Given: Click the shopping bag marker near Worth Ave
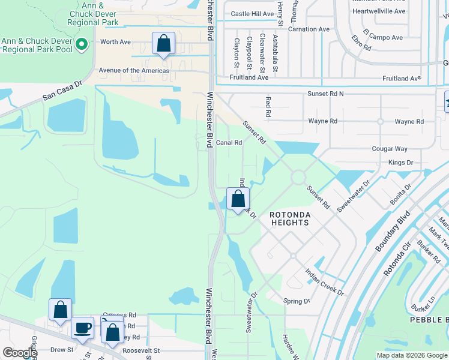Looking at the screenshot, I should click(163, 44).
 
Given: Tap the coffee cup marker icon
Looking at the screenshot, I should click(83, 328).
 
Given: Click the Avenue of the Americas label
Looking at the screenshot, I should click(134, 70).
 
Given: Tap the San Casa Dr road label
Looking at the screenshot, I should click(61, 92).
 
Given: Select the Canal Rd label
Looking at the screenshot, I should click(229, 143).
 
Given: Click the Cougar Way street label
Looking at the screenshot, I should click(389, 149).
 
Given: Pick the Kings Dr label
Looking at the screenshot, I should click(401, 163).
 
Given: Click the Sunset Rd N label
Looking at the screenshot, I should click(325, 94).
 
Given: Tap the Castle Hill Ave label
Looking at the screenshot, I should click(252, 14).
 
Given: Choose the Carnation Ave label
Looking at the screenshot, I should click(309, 29).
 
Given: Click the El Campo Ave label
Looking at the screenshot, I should click(382, 37).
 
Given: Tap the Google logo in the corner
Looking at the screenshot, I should click(20, 353).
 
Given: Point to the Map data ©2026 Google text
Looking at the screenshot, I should click(411, 355).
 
